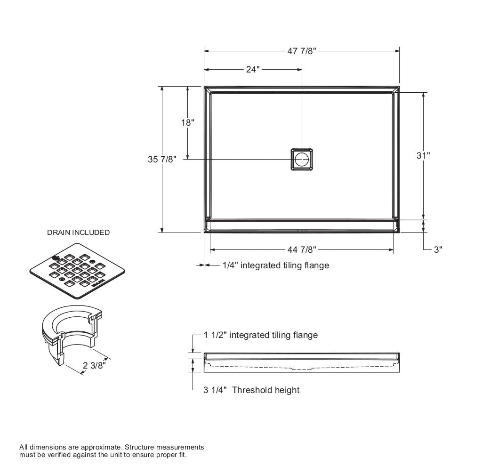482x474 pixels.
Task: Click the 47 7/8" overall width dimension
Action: (x=302, y=51)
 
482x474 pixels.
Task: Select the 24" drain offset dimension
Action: (x=252, y=69)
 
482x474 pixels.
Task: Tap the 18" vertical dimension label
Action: (x=187, y=122)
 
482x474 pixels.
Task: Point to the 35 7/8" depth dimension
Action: (x=162, y=159)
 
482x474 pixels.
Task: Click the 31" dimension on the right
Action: (x=423, y=155)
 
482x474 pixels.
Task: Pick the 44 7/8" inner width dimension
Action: (x=302, y=249)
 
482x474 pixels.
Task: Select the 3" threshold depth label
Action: (x=438, y=249)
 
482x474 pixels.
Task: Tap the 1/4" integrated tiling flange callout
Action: (x=275, y=265)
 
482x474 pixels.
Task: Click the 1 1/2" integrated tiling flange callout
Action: (x=260, y=335)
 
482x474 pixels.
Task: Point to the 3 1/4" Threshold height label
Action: (x=251, y=390)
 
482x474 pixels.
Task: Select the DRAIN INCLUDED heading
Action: (x=78, y=232)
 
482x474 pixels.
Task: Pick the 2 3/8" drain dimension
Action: (x=94, y=365)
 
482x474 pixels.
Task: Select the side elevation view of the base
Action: (x=302, y=362)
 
